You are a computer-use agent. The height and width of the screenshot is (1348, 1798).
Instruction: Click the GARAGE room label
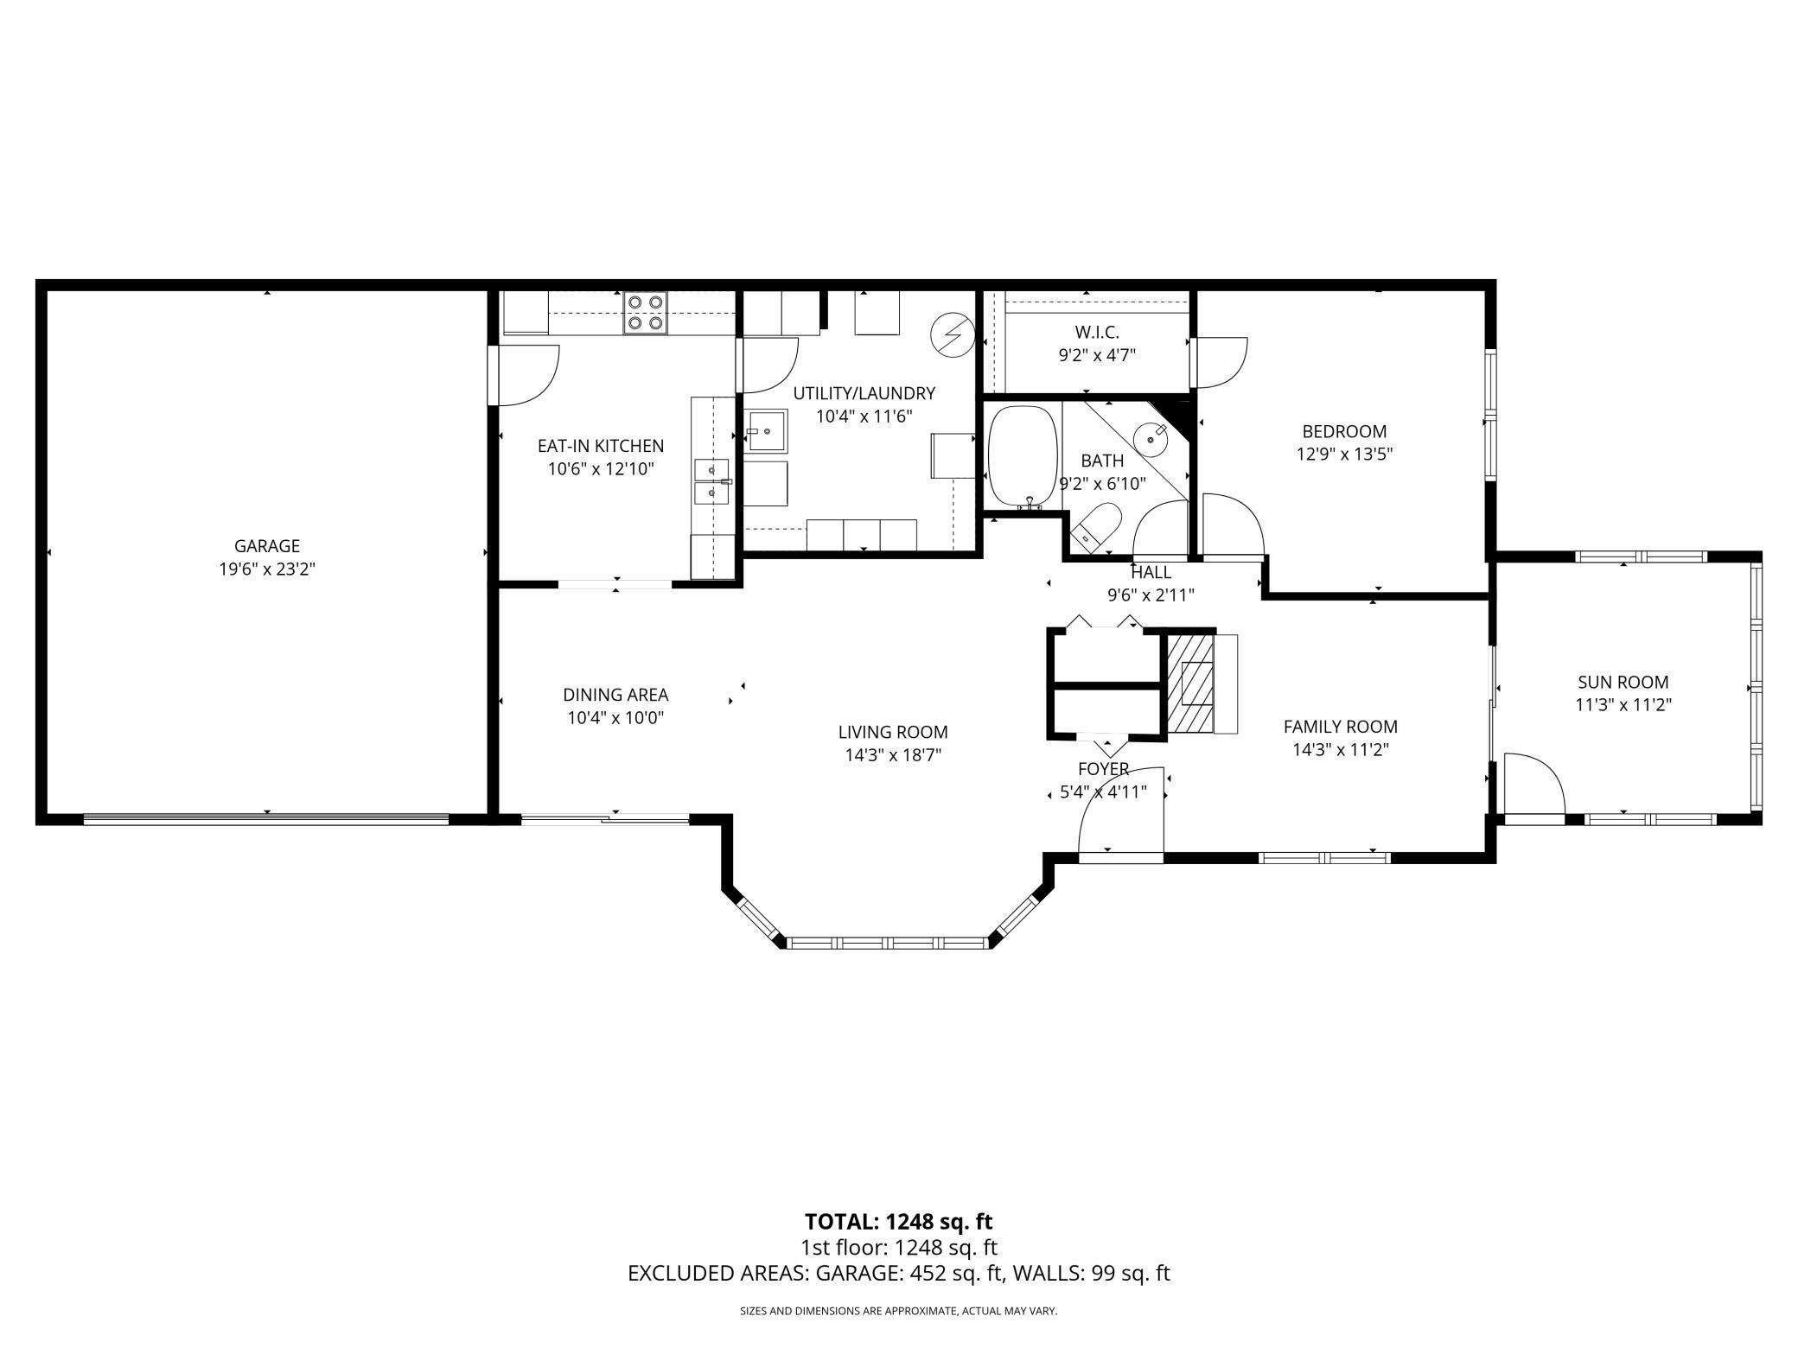(x=267, y=546)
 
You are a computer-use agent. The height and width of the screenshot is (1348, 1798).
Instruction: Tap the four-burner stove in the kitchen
(x=646, y=313)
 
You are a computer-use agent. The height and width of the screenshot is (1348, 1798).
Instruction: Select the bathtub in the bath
(x=1023, y=455)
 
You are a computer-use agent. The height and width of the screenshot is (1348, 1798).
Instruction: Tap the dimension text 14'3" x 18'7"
(x=893, y=755)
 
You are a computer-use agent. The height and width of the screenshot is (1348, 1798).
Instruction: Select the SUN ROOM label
(x=1623, y=682)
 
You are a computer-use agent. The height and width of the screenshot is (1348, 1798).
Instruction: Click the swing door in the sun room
(x=1533, y=785)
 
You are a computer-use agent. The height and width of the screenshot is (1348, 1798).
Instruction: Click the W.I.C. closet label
(x=1097, y=332)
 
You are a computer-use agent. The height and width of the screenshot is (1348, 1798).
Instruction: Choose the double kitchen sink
(x=712, y=481)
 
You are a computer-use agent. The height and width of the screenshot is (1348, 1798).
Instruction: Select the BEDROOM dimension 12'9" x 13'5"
(x=1344, y=454)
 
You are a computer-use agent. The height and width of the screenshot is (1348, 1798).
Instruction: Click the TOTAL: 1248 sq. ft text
(x=898, y=1222)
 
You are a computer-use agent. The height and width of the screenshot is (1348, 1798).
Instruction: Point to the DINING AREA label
(x=615, y=695)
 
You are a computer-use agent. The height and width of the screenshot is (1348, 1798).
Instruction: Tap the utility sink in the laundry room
(x=768, y=430)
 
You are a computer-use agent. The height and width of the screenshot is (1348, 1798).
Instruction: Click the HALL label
(x=1151, y=572)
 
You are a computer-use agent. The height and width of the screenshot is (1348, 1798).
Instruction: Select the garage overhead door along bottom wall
(x=266, y=818)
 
